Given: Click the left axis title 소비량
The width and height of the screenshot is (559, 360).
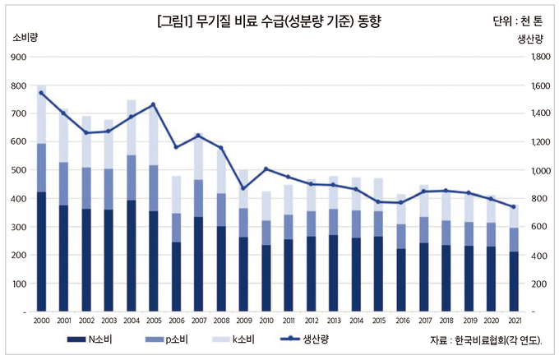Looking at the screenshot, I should (x=26, y=38).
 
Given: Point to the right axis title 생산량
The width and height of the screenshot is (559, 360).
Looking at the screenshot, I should (x=530, y=39).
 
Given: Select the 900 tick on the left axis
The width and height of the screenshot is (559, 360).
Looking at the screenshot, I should (x=18, y=57).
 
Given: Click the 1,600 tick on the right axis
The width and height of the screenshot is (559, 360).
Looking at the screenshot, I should (x=542, y=85).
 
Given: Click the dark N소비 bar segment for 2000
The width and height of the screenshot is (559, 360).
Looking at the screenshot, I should (x=41, y=252).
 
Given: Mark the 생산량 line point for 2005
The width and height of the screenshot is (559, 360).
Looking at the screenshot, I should (x=153, y=104).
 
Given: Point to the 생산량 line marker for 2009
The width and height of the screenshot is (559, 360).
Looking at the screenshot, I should (x=243, y=188).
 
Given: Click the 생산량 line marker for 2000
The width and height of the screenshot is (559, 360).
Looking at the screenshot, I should (x=41, y=93).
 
